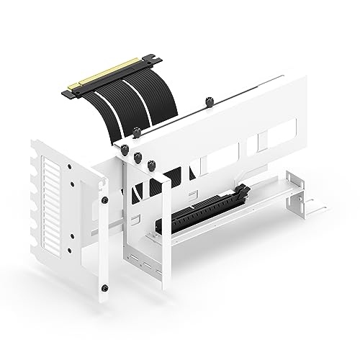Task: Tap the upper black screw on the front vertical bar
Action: (106, 199)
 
